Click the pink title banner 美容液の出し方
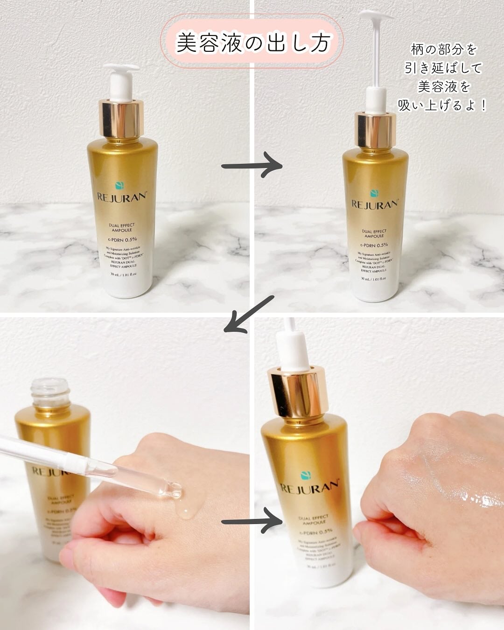pyautogui.click(x=252, y=42)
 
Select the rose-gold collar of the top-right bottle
pyautogui.click(x=376, y=126)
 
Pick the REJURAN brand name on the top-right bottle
pyautogui.click(x=375, y=204)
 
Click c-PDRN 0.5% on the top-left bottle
pyautogui.click(x=122, y=240)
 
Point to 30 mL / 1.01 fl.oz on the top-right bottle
pyautogui.click(x=375, y=279)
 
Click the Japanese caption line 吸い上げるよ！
pyautogui.click(x=442, y=105)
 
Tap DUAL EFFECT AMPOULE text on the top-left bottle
pyautogui.click(x=122, y=227)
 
